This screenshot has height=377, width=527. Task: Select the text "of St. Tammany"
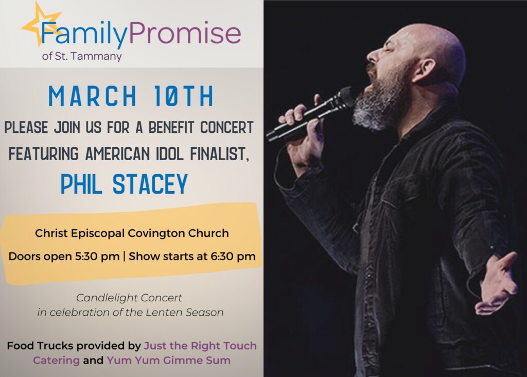[x=82, y=56]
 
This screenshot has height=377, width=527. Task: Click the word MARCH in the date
[x=93, y=96]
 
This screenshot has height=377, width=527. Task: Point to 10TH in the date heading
[x=184, y=96]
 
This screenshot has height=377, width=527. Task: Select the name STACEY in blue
[x=150, y=184]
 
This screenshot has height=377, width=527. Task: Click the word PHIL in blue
[x=81, y=184]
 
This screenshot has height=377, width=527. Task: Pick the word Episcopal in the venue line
[x=98, y=234]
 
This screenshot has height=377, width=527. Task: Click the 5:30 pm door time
[x=97, y=256]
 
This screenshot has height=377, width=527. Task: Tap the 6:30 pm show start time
[x=233, y=256]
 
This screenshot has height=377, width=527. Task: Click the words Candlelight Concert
[x=129, y=298]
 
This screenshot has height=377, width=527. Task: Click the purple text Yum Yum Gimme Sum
[x=169, y=361]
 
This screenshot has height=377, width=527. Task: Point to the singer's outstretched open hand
[x=497, y=283]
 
